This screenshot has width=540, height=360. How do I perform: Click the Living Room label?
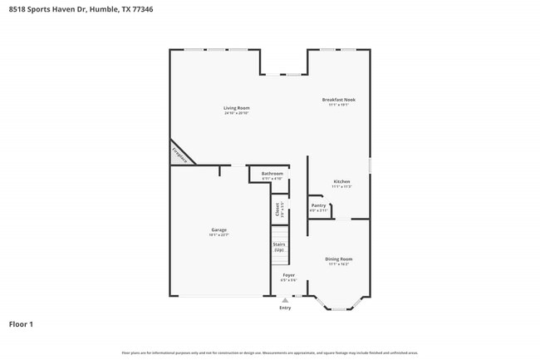coord(236,108)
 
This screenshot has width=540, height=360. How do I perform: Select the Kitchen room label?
coord(341,181)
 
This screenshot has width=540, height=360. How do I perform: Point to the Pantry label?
coord(318,205)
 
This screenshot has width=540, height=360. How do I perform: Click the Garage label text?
coord(218,229)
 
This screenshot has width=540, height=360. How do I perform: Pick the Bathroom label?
coord(272,173)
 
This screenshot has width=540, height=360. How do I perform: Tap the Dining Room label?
coord(339,259)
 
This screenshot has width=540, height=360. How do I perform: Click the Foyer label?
coord(288,274)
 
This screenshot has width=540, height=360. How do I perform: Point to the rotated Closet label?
coord(278,210)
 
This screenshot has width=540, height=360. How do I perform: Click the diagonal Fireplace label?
coord(179,154)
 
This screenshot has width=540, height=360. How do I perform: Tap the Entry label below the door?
coord(285,308)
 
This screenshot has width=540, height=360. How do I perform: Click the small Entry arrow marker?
coord(285,300)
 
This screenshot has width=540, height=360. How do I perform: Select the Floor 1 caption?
coord(21,323)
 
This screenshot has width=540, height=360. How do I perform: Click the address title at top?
coord(81,9)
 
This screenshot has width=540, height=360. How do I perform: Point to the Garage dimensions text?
coord(218,235)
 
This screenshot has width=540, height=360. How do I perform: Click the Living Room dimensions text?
coord(236,113)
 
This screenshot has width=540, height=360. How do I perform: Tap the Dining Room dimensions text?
coord(339,264)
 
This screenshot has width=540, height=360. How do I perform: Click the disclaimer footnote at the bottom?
coord(270,353)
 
